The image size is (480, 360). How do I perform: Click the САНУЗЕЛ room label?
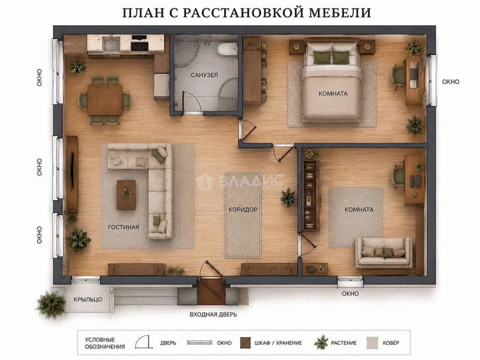coord(204,75)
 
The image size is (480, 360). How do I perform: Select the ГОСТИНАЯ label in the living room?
coord(124,227)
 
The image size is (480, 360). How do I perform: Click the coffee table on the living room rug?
coord(126,195)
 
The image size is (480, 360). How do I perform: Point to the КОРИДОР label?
coord(243,210)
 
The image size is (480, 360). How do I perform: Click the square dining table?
coord(105,100)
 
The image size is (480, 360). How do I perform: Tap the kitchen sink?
coord(111,43)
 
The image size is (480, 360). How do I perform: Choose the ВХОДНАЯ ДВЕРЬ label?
coord(213,314)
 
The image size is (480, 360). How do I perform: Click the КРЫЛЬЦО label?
coord(88,300)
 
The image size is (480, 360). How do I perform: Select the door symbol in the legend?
coord(144,342)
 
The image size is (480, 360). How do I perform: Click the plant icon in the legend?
coord(321,342)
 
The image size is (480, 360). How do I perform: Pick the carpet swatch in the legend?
coord(372,343)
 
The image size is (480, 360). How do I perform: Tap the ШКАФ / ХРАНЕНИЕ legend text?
coord(278,343)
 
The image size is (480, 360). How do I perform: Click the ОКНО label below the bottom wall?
coord(350,293)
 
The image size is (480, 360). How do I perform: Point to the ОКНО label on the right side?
coord(451,82)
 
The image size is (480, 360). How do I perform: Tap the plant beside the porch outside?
coord(51,305)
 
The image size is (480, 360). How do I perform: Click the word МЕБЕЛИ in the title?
coord(340,13)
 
